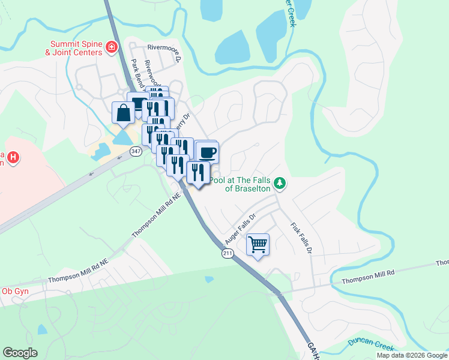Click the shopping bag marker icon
(x=123, y=113)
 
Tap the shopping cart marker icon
(x=258, y=245)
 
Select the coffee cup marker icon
(x=207, y=152)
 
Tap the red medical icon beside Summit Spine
(x=111, y=47)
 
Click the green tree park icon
(x=279, y=182)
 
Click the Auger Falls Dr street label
(x=240, y=228)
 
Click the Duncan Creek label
(x=370, y=345)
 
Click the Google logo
(x=20, y=353)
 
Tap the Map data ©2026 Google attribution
(x=412, y=355)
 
